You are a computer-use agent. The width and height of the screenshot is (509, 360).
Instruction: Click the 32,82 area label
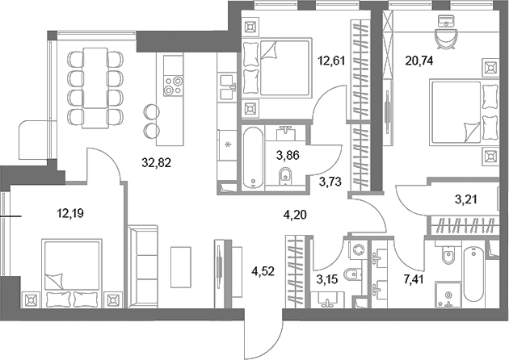coord(156,161)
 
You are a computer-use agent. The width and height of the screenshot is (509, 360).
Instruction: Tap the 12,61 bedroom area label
coord(330,61)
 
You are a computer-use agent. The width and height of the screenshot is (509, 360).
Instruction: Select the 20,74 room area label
coord(419,61)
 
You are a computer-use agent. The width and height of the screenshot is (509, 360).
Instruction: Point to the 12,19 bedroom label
coord(70,213)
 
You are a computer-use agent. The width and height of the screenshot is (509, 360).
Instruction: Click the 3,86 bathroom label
coord(288,155)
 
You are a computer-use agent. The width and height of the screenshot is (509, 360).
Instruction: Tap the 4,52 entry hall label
coord(263,271)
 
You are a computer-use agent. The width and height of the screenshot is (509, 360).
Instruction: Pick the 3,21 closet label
coord(466,199)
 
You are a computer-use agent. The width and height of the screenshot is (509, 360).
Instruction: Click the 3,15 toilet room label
coord(327,278)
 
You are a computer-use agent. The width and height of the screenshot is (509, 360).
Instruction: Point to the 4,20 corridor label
coord(295,215)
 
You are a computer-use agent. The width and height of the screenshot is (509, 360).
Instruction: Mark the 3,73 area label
coord(330,182)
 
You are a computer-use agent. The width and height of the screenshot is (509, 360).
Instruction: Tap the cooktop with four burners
coord(173,86)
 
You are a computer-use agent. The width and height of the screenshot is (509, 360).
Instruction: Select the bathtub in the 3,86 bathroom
coord(253,157)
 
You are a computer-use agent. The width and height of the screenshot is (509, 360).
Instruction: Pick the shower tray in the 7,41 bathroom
coord(448,295)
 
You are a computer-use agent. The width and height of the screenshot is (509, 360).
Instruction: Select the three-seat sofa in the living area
coord(143,266)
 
